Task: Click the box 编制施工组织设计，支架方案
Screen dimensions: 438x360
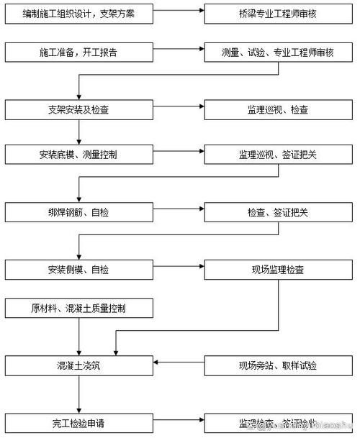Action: pyautogui.click(x=79, y=13)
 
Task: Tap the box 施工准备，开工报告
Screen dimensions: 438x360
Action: pyautogui.click(x=79, y=53)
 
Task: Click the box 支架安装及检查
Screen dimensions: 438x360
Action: pyautogui.click(x=79, y=109)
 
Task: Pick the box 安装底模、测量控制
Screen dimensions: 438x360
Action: pyautogui.click(x=79, y=155)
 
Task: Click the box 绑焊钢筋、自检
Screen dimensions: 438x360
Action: pyautogui.click(x=79, y=212)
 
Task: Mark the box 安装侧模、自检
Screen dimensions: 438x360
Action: pyautogui.click(x=79, y=270)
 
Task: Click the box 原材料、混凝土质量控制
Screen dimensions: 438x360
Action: pyautogui.click(x=79, y=309)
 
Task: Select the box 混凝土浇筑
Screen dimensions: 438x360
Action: pyautogui.click(x=79, y=365)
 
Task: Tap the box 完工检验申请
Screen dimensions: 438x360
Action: pyautogui.click(x=79, y=422)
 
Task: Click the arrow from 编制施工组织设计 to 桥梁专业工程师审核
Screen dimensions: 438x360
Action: pyautogui.click(x=179, y=13)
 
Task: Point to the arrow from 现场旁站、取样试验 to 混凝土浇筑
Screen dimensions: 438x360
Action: pyautogui.click(x=179, y=365)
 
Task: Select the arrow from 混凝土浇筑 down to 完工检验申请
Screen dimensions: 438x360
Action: pyautogui.click(x=79, y=393)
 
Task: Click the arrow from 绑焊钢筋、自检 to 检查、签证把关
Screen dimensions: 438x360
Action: pyautogui.click(x=179, y=212)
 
